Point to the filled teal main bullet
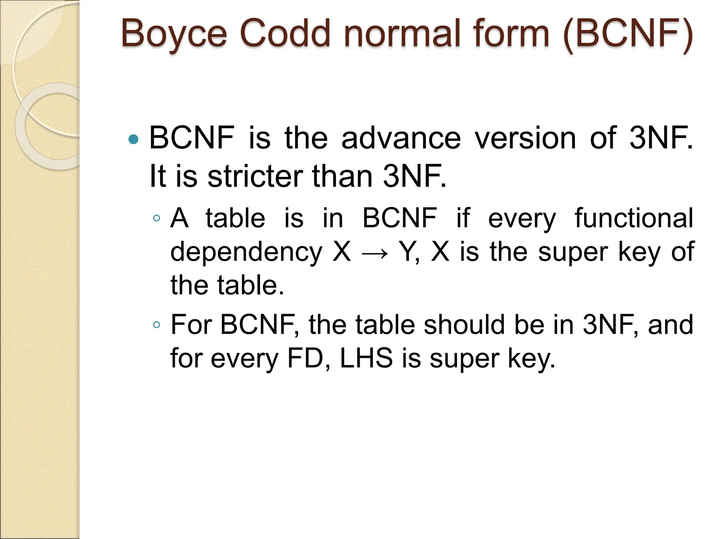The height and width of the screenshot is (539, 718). (134, 140)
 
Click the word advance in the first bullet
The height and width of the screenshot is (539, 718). (401, 138)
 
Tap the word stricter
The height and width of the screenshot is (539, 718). (255, 177)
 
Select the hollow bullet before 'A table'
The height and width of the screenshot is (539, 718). (156, 219)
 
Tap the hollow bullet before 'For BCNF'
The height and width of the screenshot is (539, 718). (156, 325)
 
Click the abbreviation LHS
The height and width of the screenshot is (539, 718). (366, 359)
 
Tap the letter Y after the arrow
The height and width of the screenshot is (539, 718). (407, 252)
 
